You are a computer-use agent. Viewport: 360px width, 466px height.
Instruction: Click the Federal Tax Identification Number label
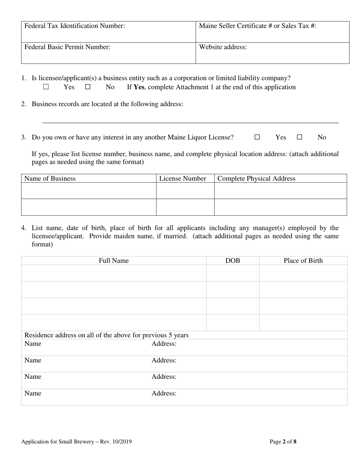[x=75, y=26]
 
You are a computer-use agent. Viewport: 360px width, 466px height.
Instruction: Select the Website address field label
[x=223, y=47]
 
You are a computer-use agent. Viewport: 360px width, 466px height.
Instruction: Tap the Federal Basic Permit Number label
[x=67, y=47]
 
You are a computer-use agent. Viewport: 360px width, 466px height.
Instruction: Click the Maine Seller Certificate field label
[x=258, y=26]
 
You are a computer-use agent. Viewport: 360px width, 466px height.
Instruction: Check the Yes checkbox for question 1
[x=46, y=87]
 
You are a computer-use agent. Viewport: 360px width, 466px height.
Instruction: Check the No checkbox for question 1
[x=88, y=87]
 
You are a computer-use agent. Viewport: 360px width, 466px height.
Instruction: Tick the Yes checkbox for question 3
[x=257, y=137]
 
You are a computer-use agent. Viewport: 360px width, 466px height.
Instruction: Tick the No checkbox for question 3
[x=299, y=137]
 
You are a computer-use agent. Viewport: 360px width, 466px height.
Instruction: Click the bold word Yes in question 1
[x=139, y=87]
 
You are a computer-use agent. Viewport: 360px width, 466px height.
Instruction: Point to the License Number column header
[x=183, y=178]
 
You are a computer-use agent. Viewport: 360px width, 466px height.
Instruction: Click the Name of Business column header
[x=50, y=178]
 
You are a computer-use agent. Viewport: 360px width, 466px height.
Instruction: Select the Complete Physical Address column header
[x=257, y=178]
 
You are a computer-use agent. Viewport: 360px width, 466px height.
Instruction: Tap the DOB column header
[x=233, y=261]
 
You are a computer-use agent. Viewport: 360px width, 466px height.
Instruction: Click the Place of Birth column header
[x=303, y=261]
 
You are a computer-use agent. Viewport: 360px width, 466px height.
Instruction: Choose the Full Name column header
[x=114, y=261]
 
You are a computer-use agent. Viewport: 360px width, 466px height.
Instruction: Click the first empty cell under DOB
[x=233, y=273]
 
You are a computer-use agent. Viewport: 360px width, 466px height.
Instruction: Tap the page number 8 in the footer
[x=295, y=441]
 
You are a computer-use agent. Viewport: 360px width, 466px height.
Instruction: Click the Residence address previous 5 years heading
[x=106, y=335]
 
